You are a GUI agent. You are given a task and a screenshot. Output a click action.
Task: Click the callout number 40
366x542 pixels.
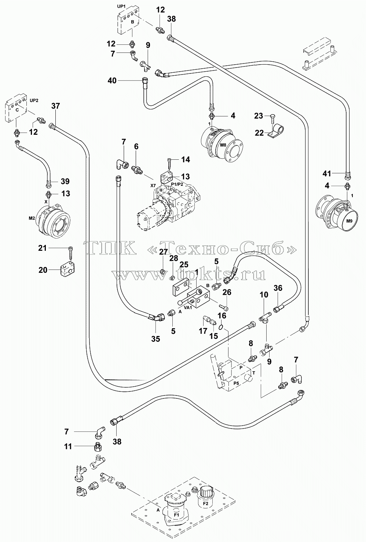click(x=112, y=80)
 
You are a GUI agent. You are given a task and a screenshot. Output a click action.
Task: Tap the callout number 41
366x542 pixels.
click(x=327, y=173)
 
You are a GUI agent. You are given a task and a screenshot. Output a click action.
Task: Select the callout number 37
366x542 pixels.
click(x=56, y=106)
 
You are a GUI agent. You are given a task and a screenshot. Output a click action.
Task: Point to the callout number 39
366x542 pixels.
click(x=65, y=181)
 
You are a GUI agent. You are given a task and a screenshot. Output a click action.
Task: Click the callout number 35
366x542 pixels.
click(x=155, y=339)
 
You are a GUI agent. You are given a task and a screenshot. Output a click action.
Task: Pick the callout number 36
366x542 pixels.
click(x=278, y=288)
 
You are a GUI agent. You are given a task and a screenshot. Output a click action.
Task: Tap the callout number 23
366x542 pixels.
click(x=259, y=116)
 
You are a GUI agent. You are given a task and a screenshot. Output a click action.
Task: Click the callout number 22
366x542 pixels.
click(x=259, y=133)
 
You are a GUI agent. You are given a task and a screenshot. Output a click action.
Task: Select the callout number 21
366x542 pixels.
click(x=43, y=248)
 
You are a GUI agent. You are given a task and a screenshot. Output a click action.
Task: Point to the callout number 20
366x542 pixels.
click(x=43, y=270)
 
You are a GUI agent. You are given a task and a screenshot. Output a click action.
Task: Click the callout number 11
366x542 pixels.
click(x=68, y=447)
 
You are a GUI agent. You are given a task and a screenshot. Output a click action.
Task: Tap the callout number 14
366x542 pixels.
click(x=186, y=160)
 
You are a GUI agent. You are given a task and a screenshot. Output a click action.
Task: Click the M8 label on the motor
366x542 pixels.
click(x=223, y=145)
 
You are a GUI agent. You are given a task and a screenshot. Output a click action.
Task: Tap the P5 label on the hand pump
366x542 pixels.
click(x=236, y=383)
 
